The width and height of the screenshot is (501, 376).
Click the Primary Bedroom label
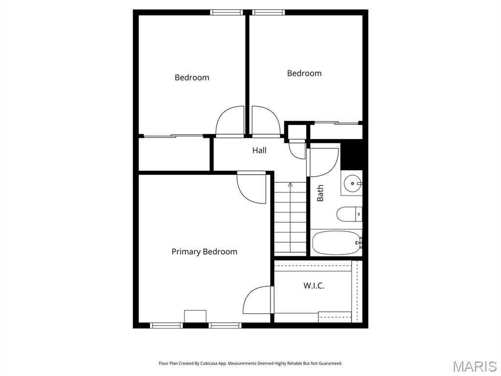pos(204,252)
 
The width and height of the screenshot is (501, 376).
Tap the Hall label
pos(259,150)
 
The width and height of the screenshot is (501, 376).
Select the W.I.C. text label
pos(314,285)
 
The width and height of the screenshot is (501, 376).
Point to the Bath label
pos(320,193)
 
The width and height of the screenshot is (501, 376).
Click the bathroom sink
pos(352,184)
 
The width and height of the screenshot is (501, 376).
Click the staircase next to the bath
pos(290,220)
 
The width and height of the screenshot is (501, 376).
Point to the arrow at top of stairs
pos(290,185)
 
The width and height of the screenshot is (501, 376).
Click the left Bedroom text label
pos(192,77)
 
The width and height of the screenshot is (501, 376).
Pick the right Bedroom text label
pos(304,73)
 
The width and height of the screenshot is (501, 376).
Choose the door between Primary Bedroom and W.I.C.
pos(257,300)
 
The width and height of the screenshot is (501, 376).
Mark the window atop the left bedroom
pos(227,12)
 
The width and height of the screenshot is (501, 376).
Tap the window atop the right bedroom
pos(269,12)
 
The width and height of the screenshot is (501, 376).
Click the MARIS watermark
pos(475,366)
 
